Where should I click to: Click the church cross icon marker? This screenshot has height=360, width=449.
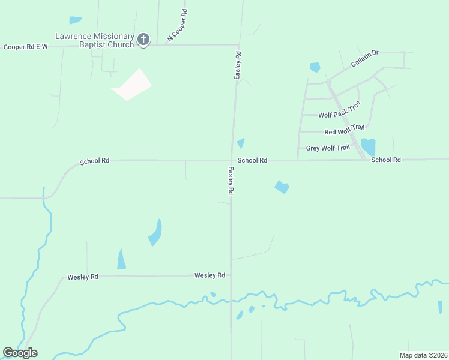143,40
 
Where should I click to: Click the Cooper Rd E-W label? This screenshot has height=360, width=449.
25,47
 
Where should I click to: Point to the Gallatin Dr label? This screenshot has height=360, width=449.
364,59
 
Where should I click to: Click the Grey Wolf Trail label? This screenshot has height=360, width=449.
327,148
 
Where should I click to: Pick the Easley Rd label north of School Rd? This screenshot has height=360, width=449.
238,65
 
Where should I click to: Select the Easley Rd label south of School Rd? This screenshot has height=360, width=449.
230,181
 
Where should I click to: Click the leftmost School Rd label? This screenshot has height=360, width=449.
95,161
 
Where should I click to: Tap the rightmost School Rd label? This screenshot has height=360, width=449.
385,160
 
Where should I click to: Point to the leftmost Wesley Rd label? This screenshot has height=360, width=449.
82,277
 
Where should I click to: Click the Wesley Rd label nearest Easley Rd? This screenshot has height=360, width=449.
209,275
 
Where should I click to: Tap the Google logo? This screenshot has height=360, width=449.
20,353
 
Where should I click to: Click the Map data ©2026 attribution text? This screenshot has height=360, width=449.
423,355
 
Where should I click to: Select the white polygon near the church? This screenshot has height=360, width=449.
131,85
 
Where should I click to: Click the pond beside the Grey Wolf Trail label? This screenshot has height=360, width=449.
367,146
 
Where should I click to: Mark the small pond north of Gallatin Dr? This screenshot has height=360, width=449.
315,67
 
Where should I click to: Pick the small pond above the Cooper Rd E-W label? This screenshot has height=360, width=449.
75,20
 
